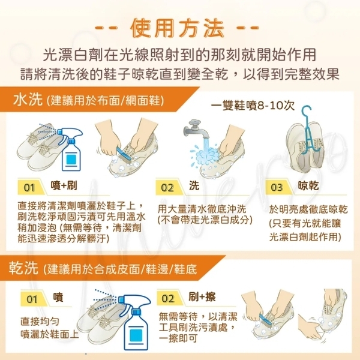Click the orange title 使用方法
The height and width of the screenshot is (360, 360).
(177, 28)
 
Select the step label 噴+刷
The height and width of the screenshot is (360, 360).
(64, 185)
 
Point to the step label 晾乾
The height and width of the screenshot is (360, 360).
(308, 185)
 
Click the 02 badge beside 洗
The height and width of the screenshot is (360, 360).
(167, 188)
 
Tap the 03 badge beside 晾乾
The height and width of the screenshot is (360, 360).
(277, 188)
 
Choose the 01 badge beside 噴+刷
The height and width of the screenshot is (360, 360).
(29, 188)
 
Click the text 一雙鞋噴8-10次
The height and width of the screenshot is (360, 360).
(253, 106)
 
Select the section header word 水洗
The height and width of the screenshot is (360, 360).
(28, 100)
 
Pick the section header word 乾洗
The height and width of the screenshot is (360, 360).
(23, 268)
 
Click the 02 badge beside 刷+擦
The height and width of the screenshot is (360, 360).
(168, 299)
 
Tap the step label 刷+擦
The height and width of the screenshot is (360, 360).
(202, 296)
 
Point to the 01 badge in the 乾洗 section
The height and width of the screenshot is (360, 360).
(32, 299)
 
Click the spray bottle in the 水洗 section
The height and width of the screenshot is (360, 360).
(70, 149)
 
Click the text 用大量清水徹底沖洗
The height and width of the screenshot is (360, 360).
(202, 209)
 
